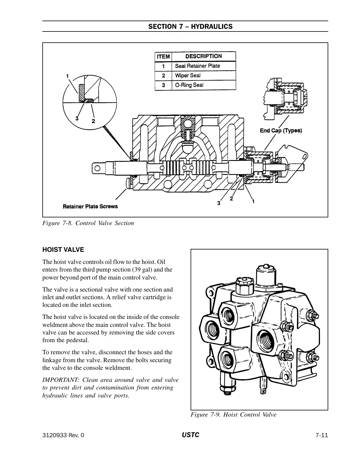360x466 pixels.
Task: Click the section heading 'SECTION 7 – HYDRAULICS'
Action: pos(190,27)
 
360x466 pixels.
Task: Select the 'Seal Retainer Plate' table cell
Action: pos(197,66)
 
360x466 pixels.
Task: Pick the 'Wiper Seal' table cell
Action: pos(188,75)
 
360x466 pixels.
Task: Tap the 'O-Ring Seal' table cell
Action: pos(189,85)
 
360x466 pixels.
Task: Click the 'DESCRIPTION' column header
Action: pos(204,56)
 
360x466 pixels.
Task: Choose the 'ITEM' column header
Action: pos(163,56)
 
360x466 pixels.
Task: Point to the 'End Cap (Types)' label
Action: pos(281,130)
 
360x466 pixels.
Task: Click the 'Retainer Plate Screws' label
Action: pos(90,207)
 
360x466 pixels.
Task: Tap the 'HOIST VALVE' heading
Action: pos(63,250)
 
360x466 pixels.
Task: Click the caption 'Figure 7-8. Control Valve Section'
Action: pos(88,223)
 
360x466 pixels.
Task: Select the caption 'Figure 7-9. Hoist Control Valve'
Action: pos(234,415)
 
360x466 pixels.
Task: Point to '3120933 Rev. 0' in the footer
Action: pos(63,435)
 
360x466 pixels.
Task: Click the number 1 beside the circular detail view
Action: pos(68,76)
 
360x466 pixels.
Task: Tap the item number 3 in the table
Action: pos(163,85)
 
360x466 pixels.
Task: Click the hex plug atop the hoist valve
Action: pos(245,285)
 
